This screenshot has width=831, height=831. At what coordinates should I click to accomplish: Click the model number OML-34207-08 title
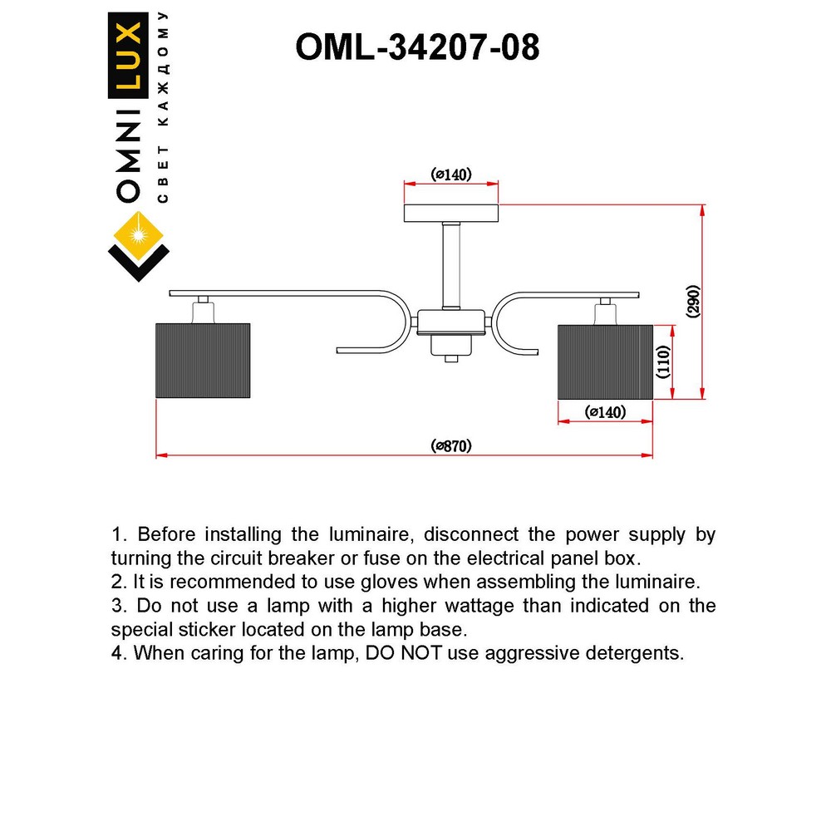418,48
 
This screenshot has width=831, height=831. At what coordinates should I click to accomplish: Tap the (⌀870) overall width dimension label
451,446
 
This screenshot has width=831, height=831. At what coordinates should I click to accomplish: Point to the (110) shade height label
663,362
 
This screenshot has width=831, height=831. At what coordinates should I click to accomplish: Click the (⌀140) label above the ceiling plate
451,174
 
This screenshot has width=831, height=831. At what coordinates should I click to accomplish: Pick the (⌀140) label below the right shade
605,412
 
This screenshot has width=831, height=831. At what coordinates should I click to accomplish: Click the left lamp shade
203,361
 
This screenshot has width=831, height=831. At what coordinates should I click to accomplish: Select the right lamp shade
604,361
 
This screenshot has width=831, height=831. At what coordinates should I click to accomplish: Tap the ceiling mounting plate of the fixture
451,214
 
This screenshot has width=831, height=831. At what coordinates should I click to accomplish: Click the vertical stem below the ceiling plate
451,265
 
